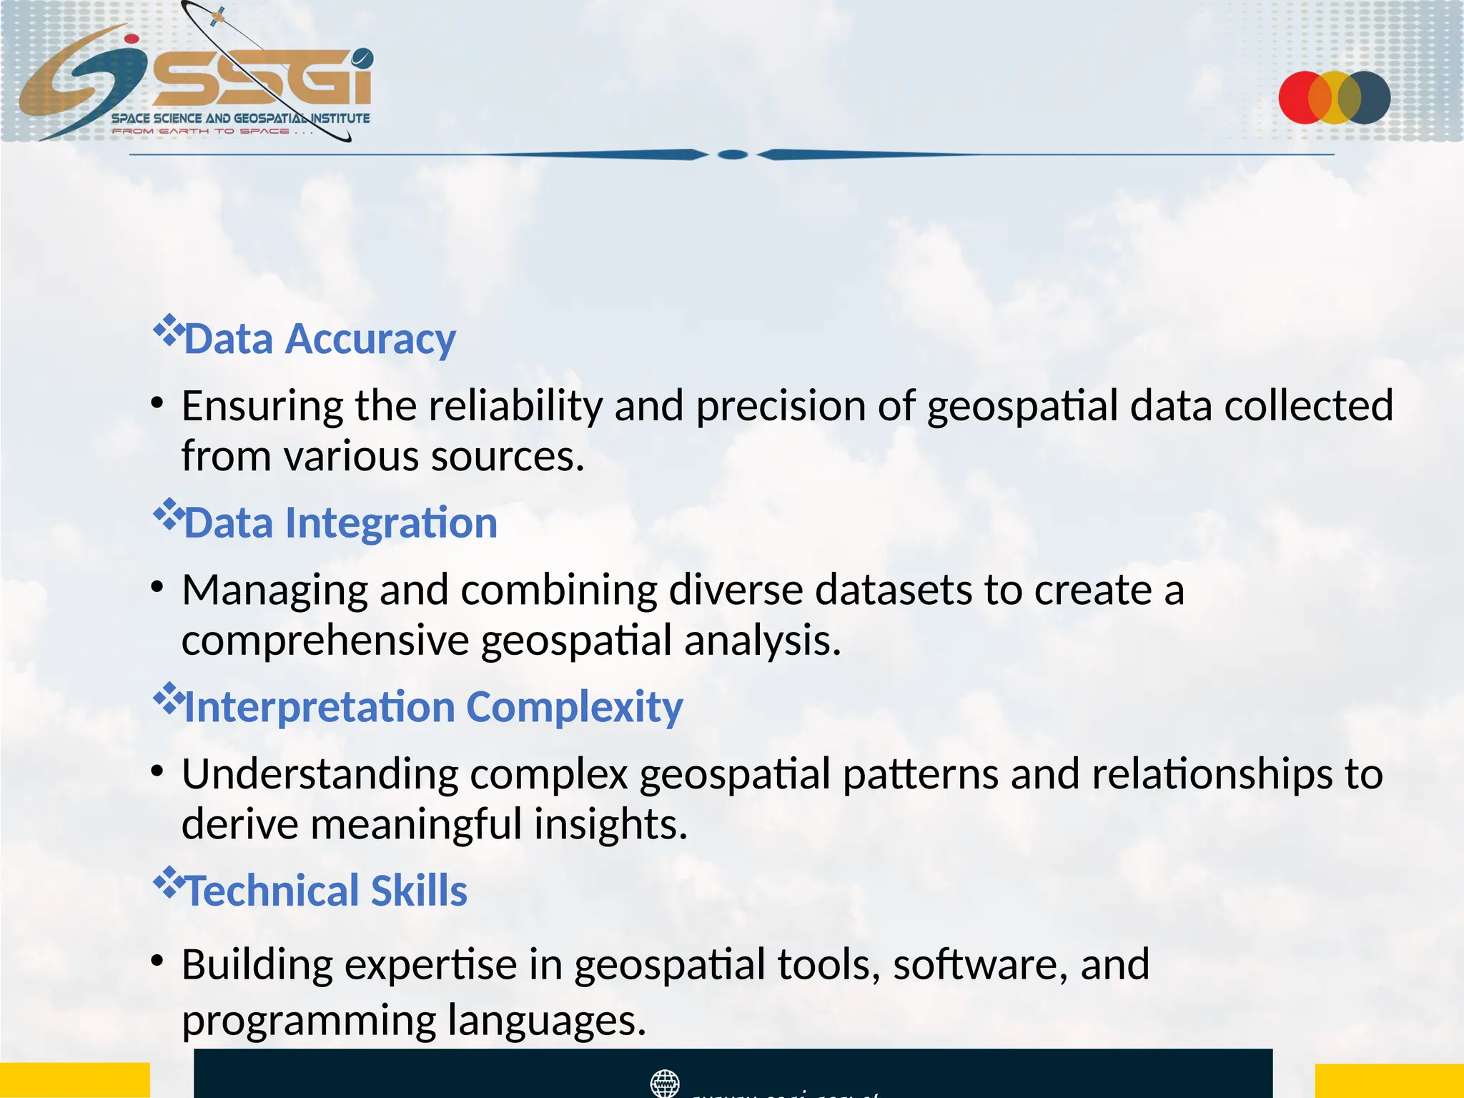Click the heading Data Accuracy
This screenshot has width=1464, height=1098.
tap(320, 339)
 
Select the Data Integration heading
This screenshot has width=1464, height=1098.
tap(340, 523)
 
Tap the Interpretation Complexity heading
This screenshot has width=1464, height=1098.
tap(433, 707)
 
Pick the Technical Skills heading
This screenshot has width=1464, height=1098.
tap(326, 891)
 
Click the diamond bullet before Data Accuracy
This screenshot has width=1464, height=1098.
tap(169, 331)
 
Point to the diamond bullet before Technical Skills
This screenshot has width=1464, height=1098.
tap(169, 882)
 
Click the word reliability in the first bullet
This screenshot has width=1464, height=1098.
tap(515, 406)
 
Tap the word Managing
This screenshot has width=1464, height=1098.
tap(274, 590)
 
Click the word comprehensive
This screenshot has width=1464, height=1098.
tap(325, 640)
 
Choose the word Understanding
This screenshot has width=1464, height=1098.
tap(320, 774)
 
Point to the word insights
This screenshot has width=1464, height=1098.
tap(610, 824)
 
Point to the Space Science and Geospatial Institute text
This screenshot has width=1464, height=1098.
tap(240, 118)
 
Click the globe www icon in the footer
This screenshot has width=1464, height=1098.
tap(665, 1082)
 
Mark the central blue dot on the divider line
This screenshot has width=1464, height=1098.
tap(732, 154)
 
